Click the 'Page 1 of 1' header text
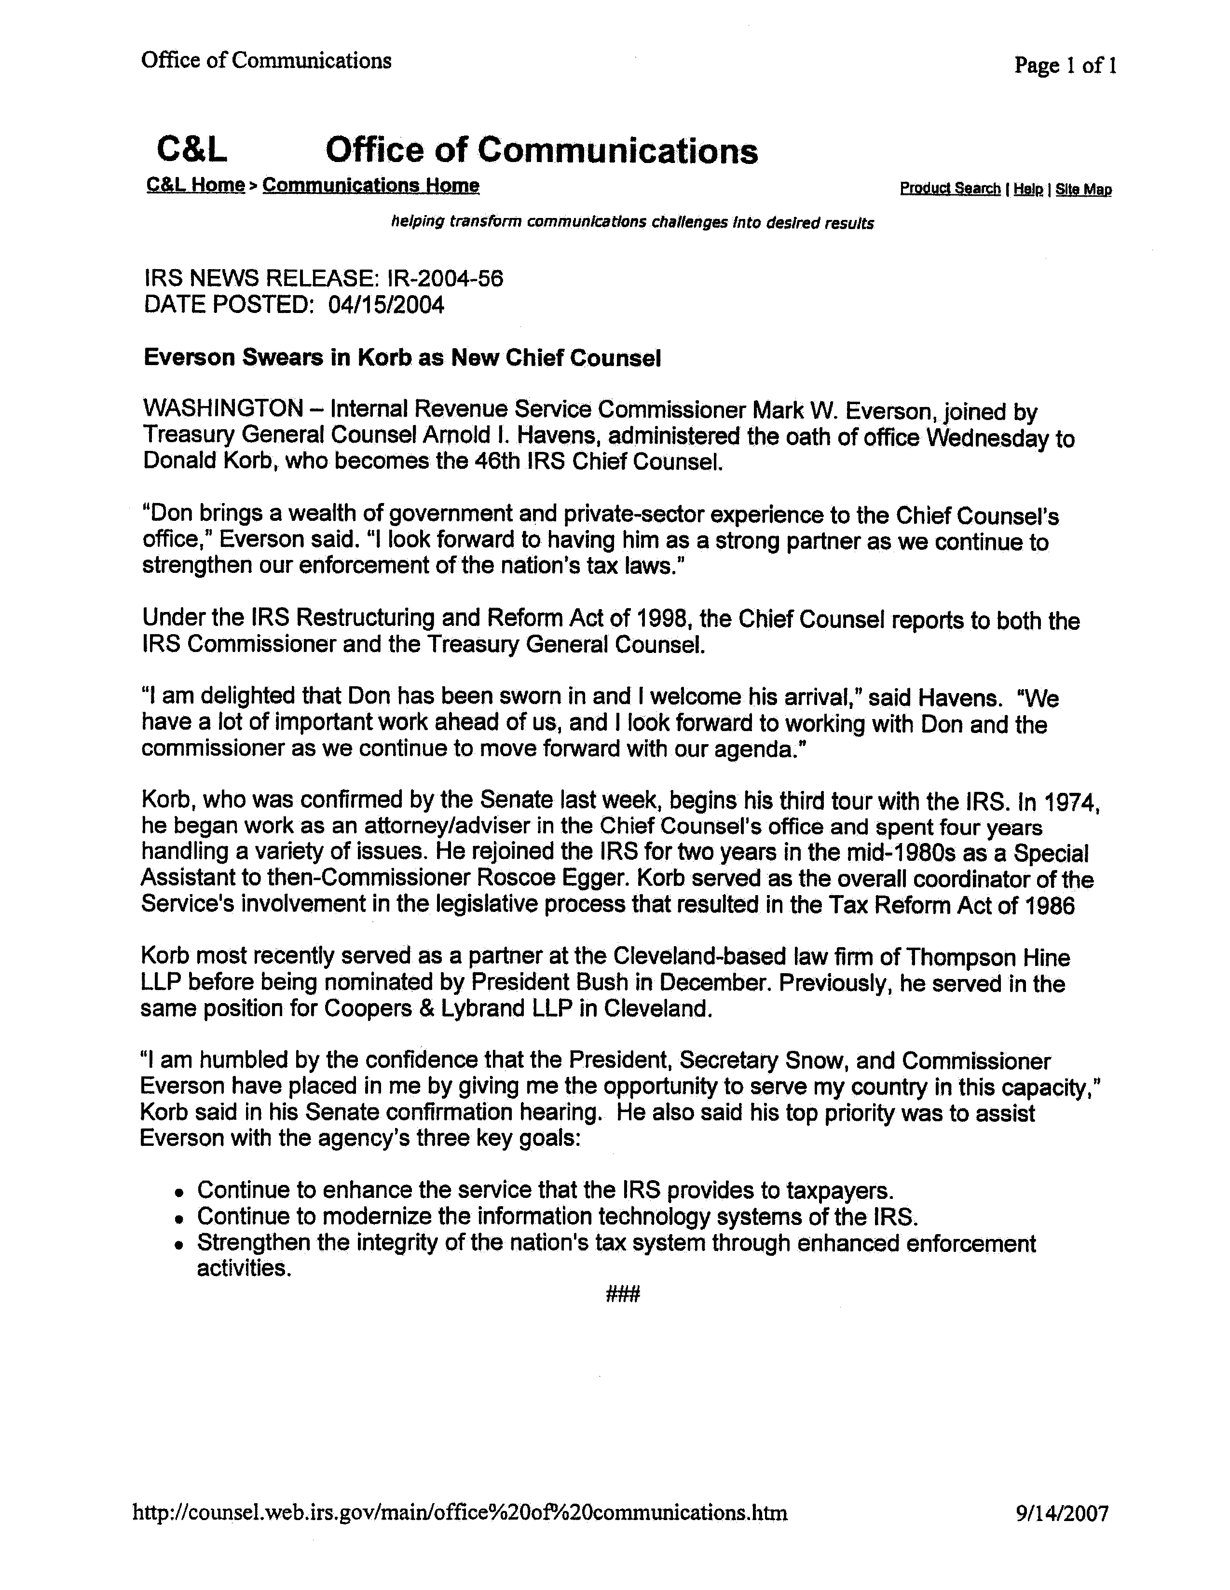[x=1065, y=66]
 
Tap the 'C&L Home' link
[x=195, y=186]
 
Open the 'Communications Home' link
[x=370, y=186]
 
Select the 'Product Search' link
[x=950, y=189]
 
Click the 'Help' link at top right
[x=1027, y=189]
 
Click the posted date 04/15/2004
[x=386, y=304]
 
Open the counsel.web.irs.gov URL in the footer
[x=460, y=1513]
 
